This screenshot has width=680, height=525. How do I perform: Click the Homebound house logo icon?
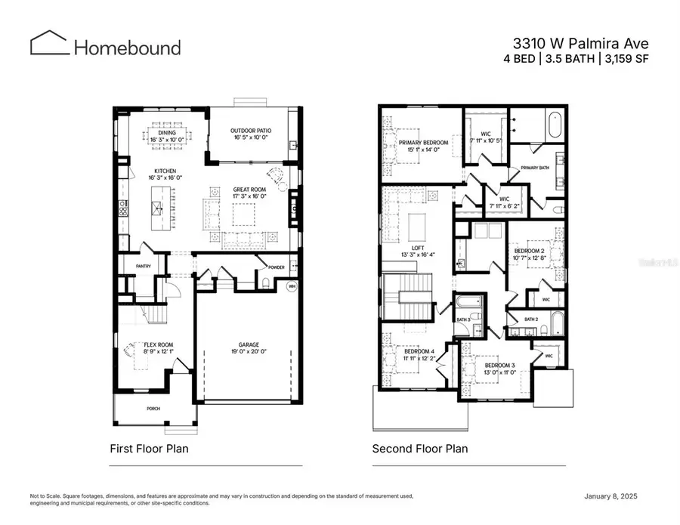[x=49, y=43]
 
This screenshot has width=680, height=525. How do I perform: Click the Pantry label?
[x=144, y=266]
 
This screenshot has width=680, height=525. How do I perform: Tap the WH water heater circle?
[x=292, y=286]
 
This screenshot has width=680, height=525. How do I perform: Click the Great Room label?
[x=249, y=190]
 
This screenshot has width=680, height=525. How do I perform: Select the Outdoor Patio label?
[x=250, y=131]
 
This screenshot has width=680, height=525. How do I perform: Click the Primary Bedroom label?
[x=423, y=142]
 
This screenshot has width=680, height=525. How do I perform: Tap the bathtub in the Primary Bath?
[x=555, y=124]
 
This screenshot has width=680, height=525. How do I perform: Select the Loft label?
[x=417, y=248]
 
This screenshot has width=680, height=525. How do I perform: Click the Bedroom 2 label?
[x=530, y=250]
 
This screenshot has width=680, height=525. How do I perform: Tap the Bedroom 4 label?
[x=418, y=351]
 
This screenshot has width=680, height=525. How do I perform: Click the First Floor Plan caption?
[x=149, y=449]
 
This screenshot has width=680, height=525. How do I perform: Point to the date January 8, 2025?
[x=617, y=496]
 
